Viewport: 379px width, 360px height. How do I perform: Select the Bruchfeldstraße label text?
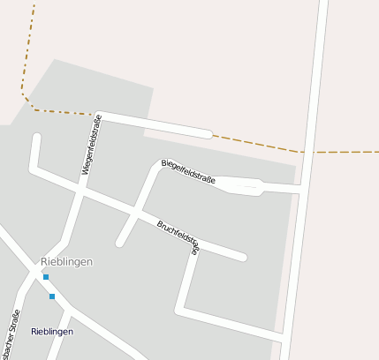tap(178, 236)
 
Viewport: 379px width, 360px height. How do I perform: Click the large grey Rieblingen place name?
tap(66, 262)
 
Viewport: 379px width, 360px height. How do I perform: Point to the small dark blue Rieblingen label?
tap(52, 332)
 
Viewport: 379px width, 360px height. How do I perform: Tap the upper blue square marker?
tap(46, 277)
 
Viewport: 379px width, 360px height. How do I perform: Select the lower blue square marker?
tap(52, 296)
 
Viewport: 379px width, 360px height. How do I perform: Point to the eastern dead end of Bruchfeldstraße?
tap(243, 258)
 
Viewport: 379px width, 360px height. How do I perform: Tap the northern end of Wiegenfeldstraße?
tap(98, 116)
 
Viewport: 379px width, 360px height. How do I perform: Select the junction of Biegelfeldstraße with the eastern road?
tap(300, 189)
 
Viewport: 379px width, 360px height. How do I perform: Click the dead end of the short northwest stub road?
tap(36, 138)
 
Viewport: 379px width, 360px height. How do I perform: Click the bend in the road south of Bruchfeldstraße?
tap(179, 311)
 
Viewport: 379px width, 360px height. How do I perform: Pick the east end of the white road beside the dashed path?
tap(208, 134)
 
